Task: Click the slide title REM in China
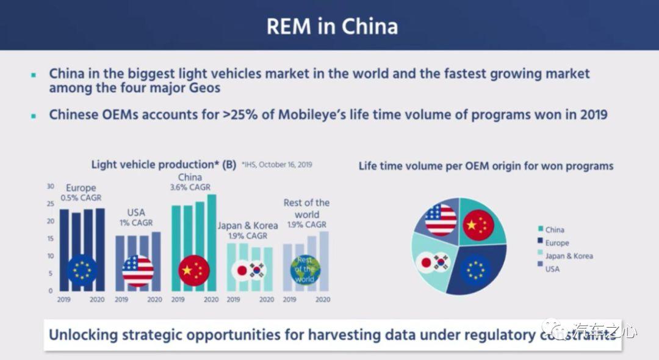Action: click(332, 26)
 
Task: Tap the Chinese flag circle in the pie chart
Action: click(478, 225)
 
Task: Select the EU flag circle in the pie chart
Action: click(475, 269)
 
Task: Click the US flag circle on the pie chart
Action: click(441, 220)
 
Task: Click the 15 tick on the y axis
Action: click(51, 239)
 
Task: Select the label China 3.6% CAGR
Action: click(190, 182)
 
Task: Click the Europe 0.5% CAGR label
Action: click(81, 193)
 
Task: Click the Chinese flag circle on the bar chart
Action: click(194, 270)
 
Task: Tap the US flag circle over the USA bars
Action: click(138, 270)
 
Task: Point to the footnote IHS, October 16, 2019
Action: click(277, 165)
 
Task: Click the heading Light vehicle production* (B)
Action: click(164, 165)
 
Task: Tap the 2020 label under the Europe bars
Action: click(96, 300)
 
